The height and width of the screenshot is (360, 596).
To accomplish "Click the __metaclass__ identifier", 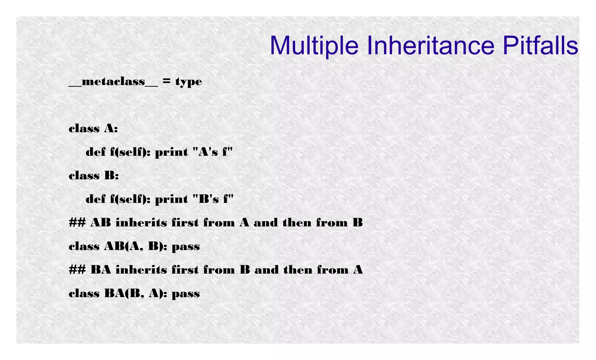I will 113,82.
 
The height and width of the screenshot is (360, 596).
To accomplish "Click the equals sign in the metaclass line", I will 166,82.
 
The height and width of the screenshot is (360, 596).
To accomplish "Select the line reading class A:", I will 93,129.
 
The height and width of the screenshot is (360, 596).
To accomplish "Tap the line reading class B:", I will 94,176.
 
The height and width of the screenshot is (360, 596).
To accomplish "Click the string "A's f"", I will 213,152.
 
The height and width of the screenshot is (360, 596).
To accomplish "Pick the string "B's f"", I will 213,199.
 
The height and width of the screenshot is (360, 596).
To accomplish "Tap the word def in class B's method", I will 95,199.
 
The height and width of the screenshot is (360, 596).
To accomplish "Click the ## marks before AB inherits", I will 77,223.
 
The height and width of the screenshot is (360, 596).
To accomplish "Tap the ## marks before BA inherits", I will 77,270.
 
